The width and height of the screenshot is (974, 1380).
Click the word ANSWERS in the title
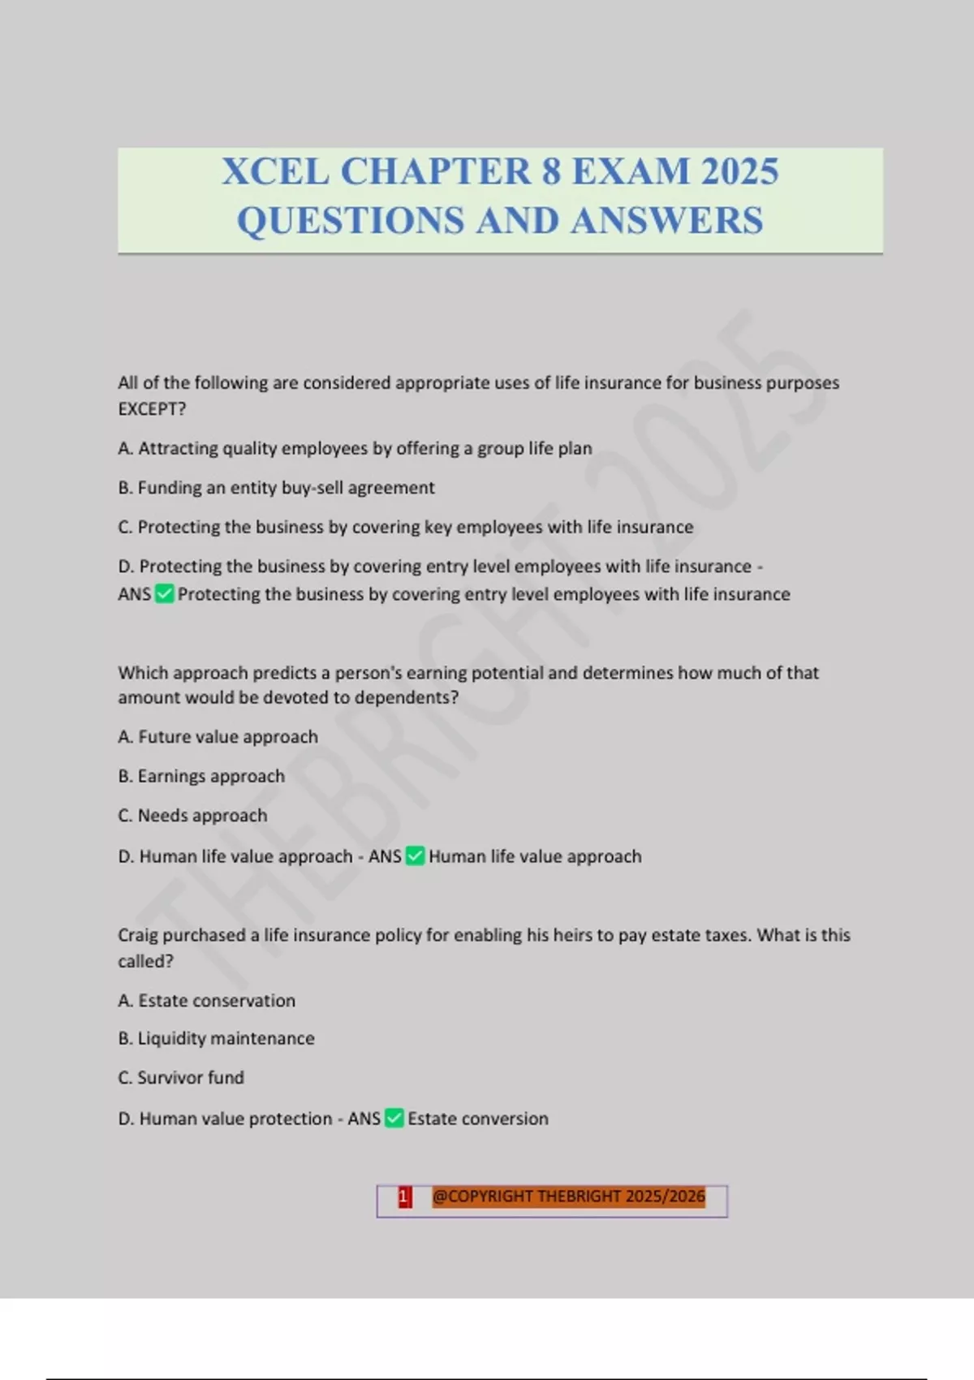[x=666, y=221]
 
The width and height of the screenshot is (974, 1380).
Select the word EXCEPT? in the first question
[x=152, y=409]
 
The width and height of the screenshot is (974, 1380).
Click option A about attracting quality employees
[x=355, y=448]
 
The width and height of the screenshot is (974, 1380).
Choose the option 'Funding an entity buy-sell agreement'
[x=276, y=488]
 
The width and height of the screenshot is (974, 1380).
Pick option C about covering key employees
[x=406, y=527]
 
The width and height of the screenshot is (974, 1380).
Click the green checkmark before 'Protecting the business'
[x=164, y=594]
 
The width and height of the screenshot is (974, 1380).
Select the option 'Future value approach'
[x=218, y=737]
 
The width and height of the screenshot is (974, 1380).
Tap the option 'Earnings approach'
[x=201, y=776]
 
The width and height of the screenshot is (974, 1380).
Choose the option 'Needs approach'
[x=192, y=816]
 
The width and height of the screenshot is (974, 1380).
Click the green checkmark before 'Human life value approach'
[x=415, y=856]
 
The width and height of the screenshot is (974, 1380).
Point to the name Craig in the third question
[x=137, y=935]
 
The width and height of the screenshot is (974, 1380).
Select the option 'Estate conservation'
[x=206, y=1001]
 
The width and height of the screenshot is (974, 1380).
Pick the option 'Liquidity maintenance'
[x=216, y=1038]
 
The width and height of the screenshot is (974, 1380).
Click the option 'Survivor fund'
[x=181, y=1078]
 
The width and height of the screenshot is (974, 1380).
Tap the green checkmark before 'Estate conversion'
[x=394, y=1119]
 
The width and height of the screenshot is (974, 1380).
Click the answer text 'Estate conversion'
[x=478, y=1119]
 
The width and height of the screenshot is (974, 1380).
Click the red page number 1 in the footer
[x=404, y=1197]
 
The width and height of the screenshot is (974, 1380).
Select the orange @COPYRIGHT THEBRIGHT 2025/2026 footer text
[x=568, y=1197]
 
